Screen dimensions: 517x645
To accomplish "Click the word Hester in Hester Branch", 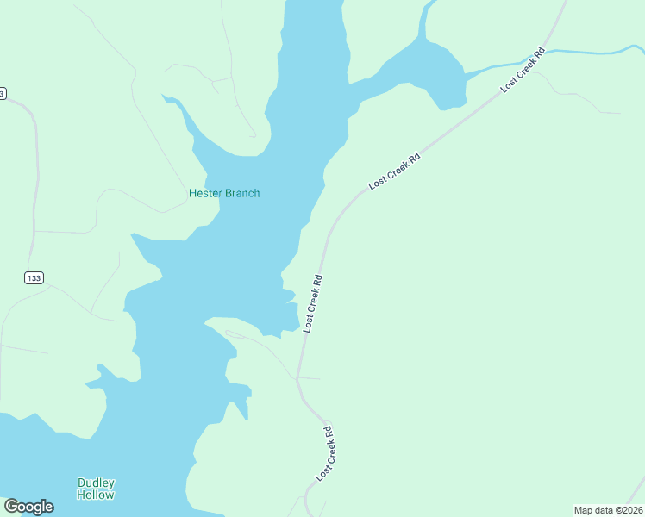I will (x=205, y=193).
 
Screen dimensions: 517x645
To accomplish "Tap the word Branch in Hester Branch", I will (x=242, y=193).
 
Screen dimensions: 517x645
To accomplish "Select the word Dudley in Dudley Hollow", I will (x=96, y=483).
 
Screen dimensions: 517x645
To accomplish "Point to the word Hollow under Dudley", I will (x=95, y=495).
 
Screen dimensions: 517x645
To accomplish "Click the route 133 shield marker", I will (x=33, y=277).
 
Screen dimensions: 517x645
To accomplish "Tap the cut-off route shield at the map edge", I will (x=3, y=92).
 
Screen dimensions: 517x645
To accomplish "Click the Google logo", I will (x=28, y=507).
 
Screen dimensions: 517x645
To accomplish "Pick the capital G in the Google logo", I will (x=11, y=507).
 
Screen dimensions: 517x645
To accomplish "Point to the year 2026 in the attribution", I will (x=630, y=509).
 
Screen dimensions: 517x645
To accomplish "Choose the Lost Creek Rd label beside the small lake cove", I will (x=312, y=303).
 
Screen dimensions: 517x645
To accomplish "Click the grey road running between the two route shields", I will (x=34, y=190).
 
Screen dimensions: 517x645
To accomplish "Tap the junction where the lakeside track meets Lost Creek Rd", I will (x=297, y=377).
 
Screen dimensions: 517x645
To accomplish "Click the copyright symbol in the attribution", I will (x=613, y=509).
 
